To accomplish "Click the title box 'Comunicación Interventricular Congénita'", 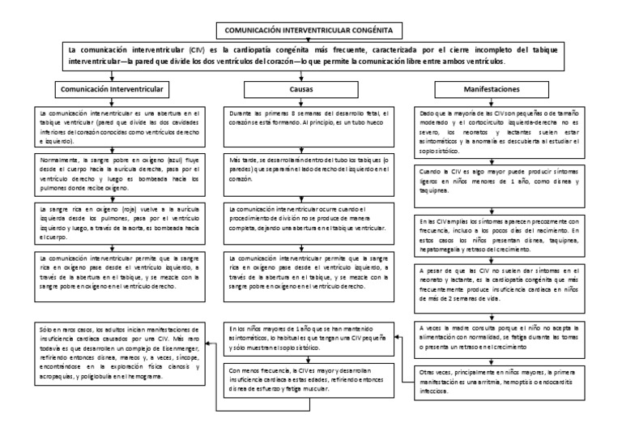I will click(x=311, y=30).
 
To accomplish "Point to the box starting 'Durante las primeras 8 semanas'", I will click(x=310, y=122).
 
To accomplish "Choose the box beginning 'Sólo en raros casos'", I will click(x=117, y=352).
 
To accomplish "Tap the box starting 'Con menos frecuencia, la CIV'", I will click(x=310, y=378).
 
